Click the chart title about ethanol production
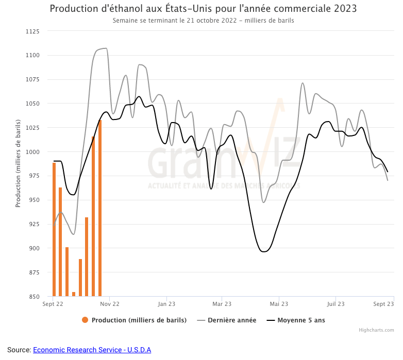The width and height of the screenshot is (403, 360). pyautogui.click(x=203, y=9)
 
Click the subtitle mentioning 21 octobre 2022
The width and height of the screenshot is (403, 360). pyautogui.click(x=203, y=21)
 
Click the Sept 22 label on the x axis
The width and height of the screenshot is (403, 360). pyautogui.click(x=53, y=304)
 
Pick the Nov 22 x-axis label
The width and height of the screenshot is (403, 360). pyautogui.click(x=110, y=304)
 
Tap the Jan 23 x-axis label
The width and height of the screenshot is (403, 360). pyautogui.click(x=166, y=304)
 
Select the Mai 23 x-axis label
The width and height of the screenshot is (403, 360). pyautogui.click(x=279, y=304)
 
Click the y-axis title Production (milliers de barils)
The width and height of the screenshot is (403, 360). pyautogui.click(x=18, y=164)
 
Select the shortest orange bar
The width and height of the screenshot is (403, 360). pyautogui.click(x=74, y=294)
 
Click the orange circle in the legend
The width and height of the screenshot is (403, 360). pyautogui.click(x=85, y=320)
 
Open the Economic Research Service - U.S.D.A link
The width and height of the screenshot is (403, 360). pyautogui.click(x=92, y=350)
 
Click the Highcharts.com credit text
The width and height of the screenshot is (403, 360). pyautogui.click(x=376, y=330)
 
